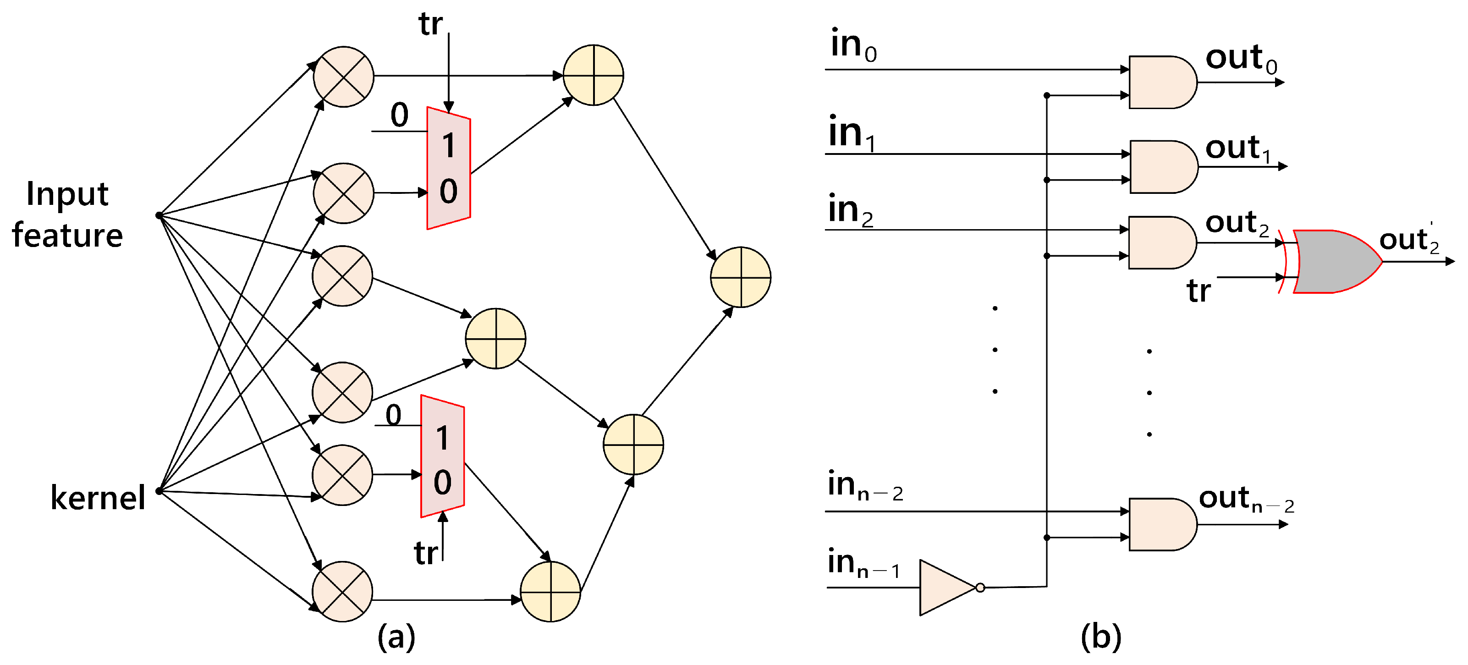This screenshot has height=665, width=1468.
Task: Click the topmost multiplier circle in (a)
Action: click(x=343, y=77)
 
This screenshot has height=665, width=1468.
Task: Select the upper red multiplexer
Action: click(x=449, y=168)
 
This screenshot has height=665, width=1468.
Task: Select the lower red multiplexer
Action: click(x=442, y=456)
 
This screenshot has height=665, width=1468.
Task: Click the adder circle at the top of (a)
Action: click(x=593, y=75)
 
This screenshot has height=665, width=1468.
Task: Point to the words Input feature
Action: click(x=67, y=215)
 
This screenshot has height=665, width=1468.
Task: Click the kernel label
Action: click(x=98, y=497)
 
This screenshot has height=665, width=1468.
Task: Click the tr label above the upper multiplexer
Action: click(x=430, y=24)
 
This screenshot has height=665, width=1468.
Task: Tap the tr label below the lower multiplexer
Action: click(x=426, y=553)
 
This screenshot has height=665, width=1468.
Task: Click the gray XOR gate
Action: click(x=1334, y=262)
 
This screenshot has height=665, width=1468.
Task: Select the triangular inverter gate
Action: click(x=946, y=588)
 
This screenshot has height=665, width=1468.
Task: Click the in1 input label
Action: click(x=852, y=133)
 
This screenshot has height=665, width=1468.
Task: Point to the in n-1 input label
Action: click(x=863, y=563)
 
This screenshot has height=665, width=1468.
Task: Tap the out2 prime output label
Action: click(x=1409, y=239)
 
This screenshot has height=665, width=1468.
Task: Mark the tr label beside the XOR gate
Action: click(x=1199, y=291)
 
